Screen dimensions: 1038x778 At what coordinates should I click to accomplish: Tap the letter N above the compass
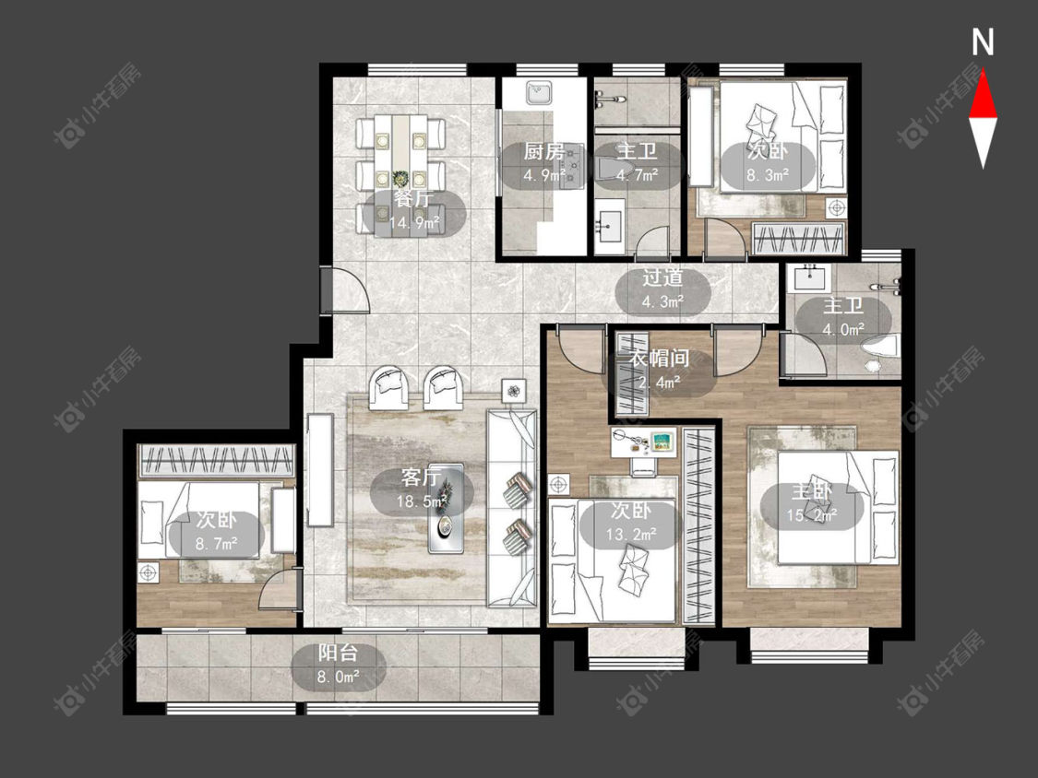[983, 42]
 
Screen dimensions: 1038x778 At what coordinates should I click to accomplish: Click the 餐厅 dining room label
[413, 198]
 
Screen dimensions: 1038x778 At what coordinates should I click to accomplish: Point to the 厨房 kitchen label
[544, 152]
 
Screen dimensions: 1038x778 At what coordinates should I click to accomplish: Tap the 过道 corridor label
[662, 277]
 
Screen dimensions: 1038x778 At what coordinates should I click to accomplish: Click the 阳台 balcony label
[338, 653]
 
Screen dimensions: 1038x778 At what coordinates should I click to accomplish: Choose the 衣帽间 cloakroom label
[659, 359]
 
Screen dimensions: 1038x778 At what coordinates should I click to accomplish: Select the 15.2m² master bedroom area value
[812, 515]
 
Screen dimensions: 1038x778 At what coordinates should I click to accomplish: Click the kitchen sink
[540, 94]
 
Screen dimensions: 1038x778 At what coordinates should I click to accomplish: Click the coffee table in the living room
[445, 507]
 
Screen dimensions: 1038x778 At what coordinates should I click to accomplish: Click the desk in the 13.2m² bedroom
[643, 442]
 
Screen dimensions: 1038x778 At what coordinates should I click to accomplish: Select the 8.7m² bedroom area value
[217, 544]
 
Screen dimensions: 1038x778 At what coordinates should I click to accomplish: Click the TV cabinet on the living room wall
[319, 470]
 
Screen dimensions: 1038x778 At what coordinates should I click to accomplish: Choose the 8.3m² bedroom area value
[768, 174]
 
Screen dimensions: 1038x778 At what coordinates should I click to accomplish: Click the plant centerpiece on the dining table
[400, 179]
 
